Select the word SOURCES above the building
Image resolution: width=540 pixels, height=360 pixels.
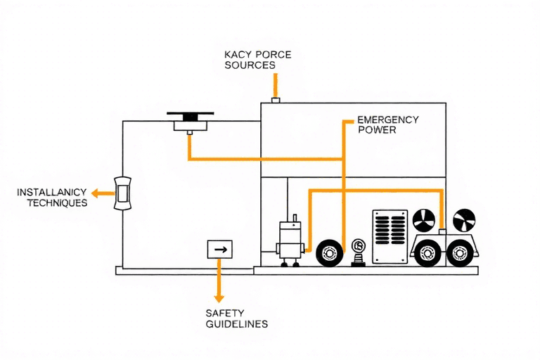click(250, 65)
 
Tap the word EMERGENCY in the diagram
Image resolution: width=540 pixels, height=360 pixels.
click(387, 120)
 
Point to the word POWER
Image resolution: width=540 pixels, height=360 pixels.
click(377, 130)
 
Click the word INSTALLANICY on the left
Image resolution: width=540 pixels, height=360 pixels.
click(51, 192)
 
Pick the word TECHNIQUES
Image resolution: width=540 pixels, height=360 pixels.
click(57, 202)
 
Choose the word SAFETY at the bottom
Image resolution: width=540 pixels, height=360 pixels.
click(224, 313)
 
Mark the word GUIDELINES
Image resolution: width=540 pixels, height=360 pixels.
click(236, 324)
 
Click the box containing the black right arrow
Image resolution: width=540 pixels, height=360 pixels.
click(219, 249)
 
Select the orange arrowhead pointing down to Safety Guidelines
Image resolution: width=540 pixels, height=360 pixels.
click(219, 297)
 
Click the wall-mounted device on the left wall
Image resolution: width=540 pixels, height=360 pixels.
click(122, 192)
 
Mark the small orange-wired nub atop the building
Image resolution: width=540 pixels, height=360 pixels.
click(275, 101)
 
